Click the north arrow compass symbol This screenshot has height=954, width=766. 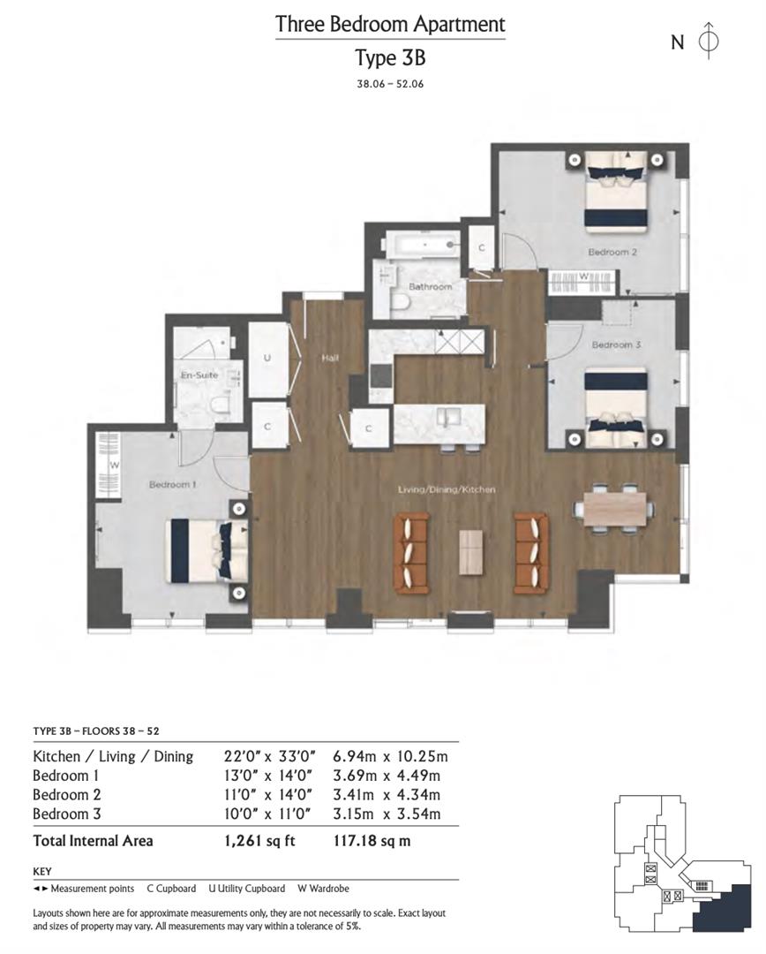point(708,42)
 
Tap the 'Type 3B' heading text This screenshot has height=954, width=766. point(390,58)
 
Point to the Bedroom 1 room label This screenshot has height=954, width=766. point(171,485)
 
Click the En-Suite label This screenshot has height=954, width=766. point(199,375)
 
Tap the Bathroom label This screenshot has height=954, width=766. point(430,287)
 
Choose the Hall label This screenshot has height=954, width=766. point(331,358)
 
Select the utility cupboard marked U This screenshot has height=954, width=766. point(267,360)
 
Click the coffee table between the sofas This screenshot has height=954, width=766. point(471,553)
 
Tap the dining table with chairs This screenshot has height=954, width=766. point(614,509)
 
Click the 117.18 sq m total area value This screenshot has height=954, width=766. point(372,841)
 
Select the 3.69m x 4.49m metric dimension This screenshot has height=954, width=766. point(386,776)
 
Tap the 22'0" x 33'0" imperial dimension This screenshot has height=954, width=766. point(261,756)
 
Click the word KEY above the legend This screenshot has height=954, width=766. point(43,871)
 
